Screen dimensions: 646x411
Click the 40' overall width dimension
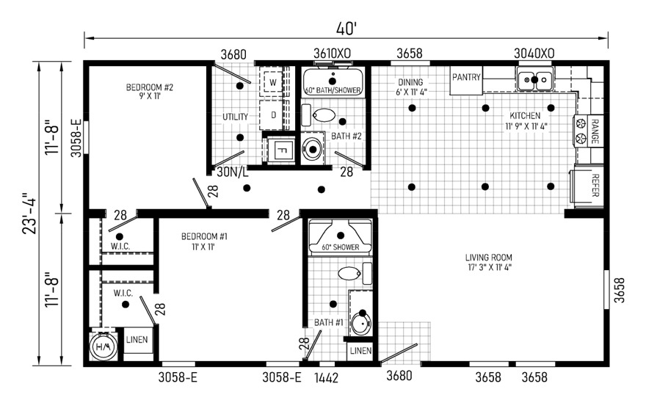(346, 29)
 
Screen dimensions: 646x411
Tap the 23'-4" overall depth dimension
(29, 214)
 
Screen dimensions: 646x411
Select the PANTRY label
(466, 77)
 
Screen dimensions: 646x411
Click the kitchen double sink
(534, 79)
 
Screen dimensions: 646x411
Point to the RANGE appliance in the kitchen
(588, 131)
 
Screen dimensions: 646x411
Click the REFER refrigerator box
(587, 186)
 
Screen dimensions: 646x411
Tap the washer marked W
(273, 82)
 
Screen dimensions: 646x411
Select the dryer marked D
(273, 115)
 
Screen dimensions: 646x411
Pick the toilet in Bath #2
(324, 115)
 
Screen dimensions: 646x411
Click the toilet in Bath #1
(349, 272)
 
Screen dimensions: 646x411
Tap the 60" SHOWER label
(341, 247)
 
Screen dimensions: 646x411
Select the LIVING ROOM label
(489, 262)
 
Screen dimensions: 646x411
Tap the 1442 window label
(326, 378)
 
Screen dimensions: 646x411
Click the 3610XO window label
(332, 53)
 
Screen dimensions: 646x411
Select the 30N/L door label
(233, 172)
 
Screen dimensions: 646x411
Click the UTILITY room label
(235, 117)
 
